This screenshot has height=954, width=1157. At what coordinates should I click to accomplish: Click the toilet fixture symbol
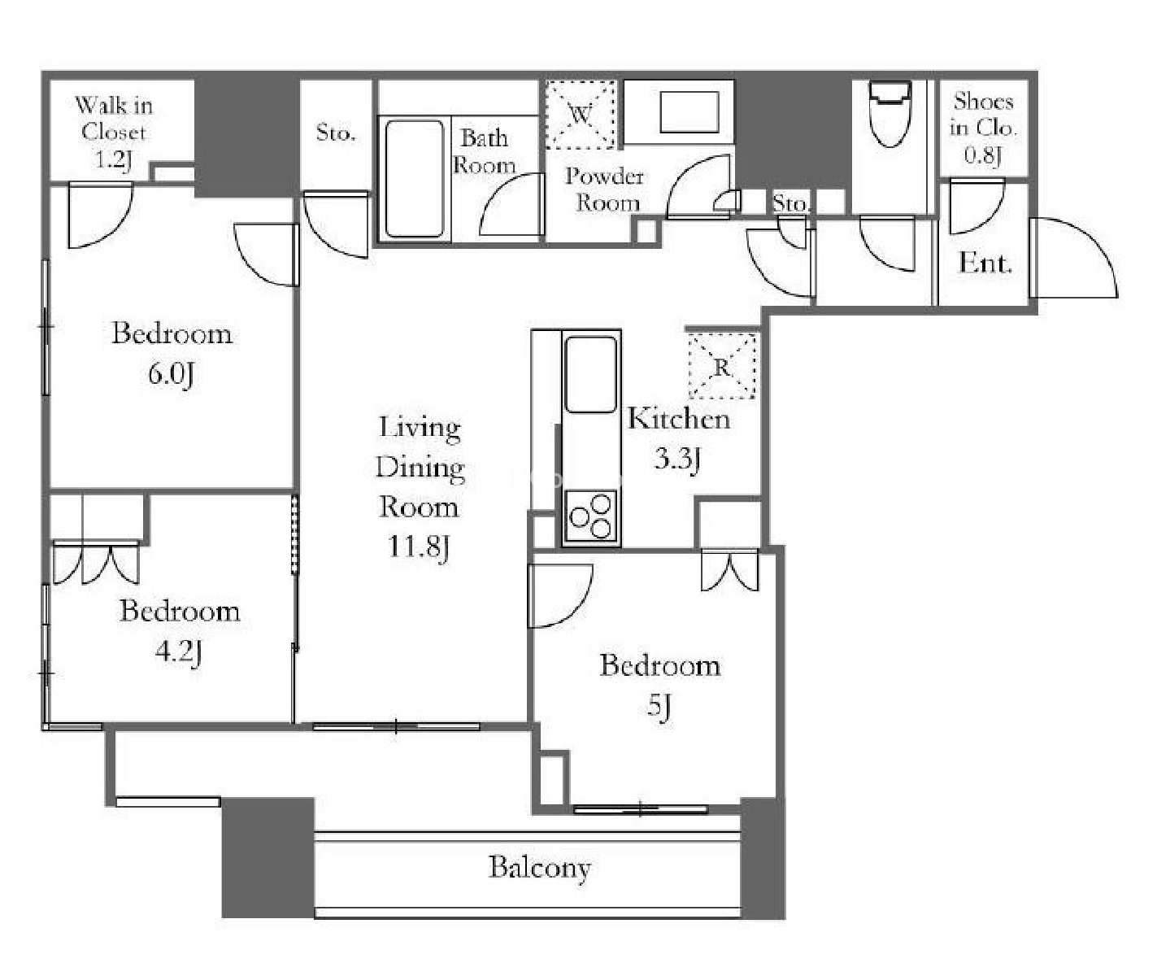(889, 114)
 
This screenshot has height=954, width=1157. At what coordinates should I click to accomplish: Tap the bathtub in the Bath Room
(415, 179)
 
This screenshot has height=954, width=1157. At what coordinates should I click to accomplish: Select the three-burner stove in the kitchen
(591, 515)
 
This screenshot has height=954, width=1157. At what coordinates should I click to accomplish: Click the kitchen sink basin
(590, 374)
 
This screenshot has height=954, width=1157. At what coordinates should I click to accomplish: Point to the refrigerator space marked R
(721, 366)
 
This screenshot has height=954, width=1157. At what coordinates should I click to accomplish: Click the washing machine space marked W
(581, 115)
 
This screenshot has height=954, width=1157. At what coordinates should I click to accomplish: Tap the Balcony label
(539, 868)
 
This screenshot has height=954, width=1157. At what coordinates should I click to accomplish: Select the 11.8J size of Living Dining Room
(419, 547)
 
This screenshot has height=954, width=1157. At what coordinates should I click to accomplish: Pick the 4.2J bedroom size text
(178, 651)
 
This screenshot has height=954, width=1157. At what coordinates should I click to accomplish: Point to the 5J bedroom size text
(659, 706)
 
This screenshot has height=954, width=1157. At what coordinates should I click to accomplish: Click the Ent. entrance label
(985, 264)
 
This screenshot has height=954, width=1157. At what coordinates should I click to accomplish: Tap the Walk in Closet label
(114, 132)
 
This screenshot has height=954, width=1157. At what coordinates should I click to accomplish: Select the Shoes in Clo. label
(982, 128)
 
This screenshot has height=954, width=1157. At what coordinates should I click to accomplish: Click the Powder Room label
(605, 189)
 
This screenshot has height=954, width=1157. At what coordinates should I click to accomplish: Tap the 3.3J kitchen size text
(677, 459)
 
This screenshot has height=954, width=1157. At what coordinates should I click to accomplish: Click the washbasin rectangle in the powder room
(689, 112)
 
